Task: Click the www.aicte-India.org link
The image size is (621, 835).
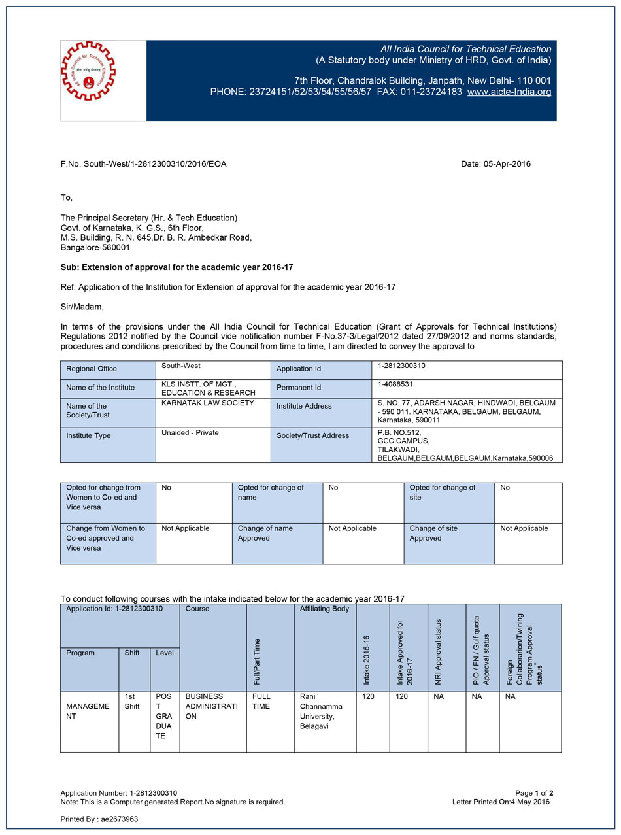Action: (x=509, y=92)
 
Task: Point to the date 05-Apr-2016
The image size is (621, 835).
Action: (x=495, y=164)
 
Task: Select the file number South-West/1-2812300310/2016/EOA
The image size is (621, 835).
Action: (x=143, y=164)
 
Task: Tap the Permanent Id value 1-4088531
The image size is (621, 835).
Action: (x=395, y=384)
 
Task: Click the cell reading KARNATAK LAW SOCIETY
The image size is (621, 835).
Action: (x=198, y=403)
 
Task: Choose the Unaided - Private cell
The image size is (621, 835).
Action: (x=190, y=433)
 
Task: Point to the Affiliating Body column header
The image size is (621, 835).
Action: (x=324, y=609)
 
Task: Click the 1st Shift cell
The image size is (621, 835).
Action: (x=132, y=702)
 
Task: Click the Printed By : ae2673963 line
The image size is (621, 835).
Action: (x=99, y=819)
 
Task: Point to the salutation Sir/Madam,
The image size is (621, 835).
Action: (x=82, y=306)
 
